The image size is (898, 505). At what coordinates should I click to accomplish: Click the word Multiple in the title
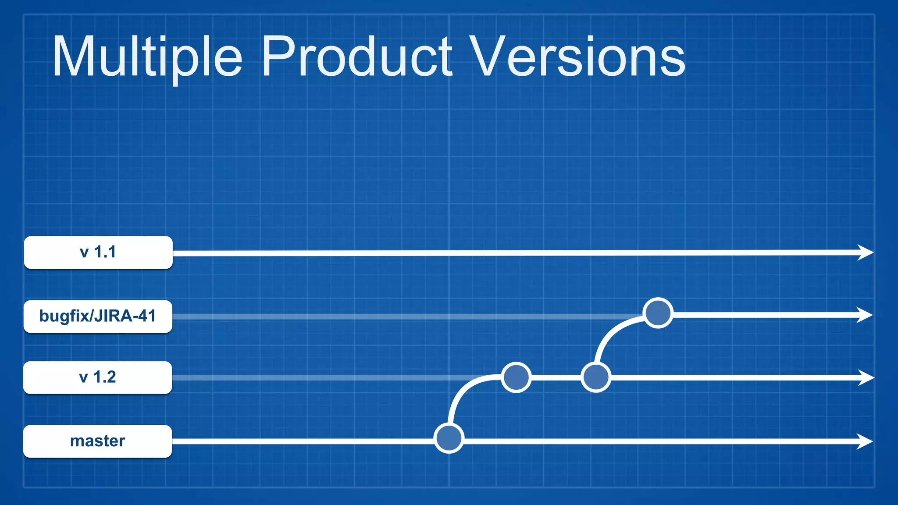147,57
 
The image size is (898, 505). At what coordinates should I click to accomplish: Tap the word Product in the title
356,57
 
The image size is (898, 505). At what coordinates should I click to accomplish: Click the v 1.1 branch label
98,252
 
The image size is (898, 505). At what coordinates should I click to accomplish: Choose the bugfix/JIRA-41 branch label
98,316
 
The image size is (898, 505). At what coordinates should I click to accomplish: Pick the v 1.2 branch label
98,377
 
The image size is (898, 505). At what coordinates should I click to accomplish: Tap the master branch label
98,441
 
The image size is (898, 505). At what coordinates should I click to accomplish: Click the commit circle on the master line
449,438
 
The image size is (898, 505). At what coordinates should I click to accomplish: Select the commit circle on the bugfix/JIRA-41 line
658,313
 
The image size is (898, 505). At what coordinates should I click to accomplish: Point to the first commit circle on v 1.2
516,377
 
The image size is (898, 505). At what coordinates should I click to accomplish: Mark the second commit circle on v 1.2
595,377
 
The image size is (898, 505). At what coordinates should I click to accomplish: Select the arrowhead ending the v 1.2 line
866,377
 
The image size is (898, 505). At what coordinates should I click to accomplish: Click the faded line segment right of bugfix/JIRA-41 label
395,316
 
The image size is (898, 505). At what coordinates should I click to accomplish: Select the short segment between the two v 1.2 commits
556,377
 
